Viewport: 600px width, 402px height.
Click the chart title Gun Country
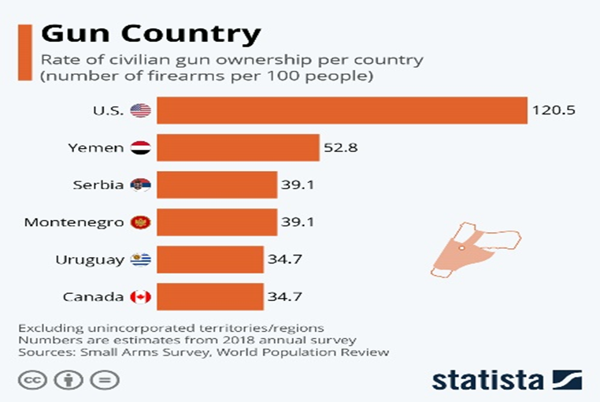click(x=150, y=34)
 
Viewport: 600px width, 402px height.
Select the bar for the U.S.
click(x=341, y=110)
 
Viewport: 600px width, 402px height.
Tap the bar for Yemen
click(x=238, y=147)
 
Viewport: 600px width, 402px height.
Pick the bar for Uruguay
click(x=209, y=259)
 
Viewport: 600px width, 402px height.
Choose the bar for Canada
click(x=209, y=296)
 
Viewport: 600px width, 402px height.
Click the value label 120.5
click(x=554, y=110)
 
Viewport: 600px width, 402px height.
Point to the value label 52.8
click(x=340, y=147)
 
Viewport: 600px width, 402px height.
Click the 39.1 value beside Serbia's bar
click(x=298, y=185)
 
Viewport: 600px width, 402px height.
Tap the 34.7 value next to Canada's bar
click(x=283, y=296)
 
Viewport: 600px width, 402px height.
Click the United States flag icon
click(x=141, y=110)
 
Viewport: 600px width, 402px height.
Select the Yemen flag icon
click(x=141, y=147)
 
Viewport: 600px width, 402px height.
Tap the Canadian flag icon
click(x=141, y=296)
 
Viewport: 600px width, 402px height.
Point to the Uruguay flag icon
click(x=141, y=259)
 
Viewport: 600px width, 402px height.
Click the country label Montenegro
click(x=74, y=222)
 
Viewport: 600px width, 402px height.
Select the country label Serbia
click(x=98, y=185)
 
